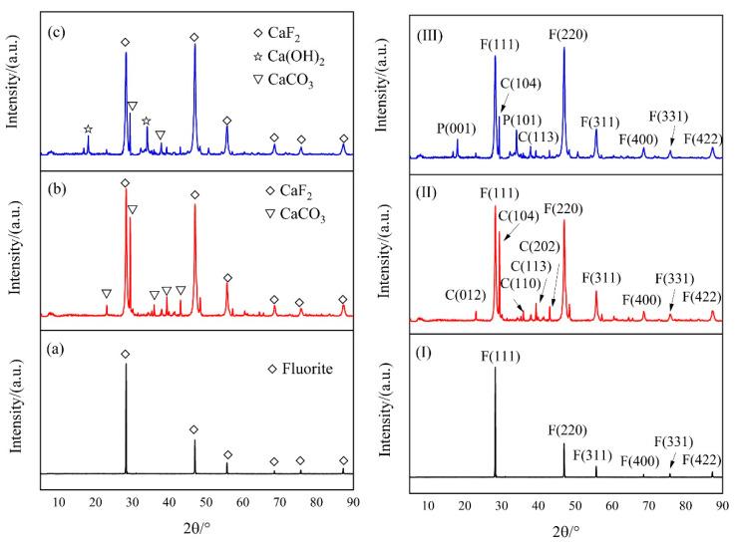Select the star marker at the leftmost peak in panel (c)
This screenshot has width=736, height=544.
pos(88,130)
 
